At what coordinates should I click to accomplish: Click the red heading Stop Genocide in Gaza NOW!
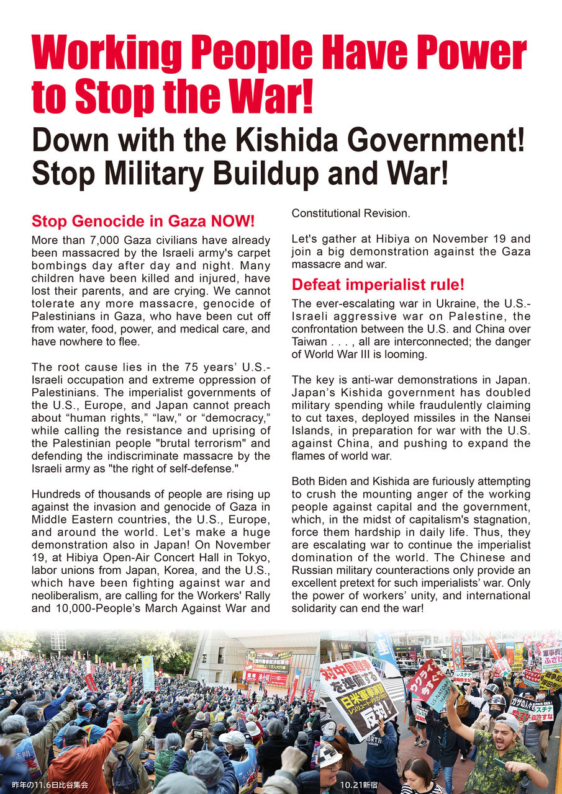pyautogui.click(x=143, y=221)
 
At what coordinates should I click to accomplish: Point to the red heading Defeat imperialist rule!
pyautogui.click(x=378, y=285)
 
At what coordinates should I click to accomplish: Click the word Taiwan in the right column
pyautogui.click(x=309, y=342)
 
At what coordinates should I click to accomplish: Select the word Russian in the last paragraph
pyautogui.click(x=315, y=570)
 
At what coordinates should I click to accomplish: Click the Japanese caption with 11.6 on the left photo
pyautogui.click(x=50, y=785)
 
